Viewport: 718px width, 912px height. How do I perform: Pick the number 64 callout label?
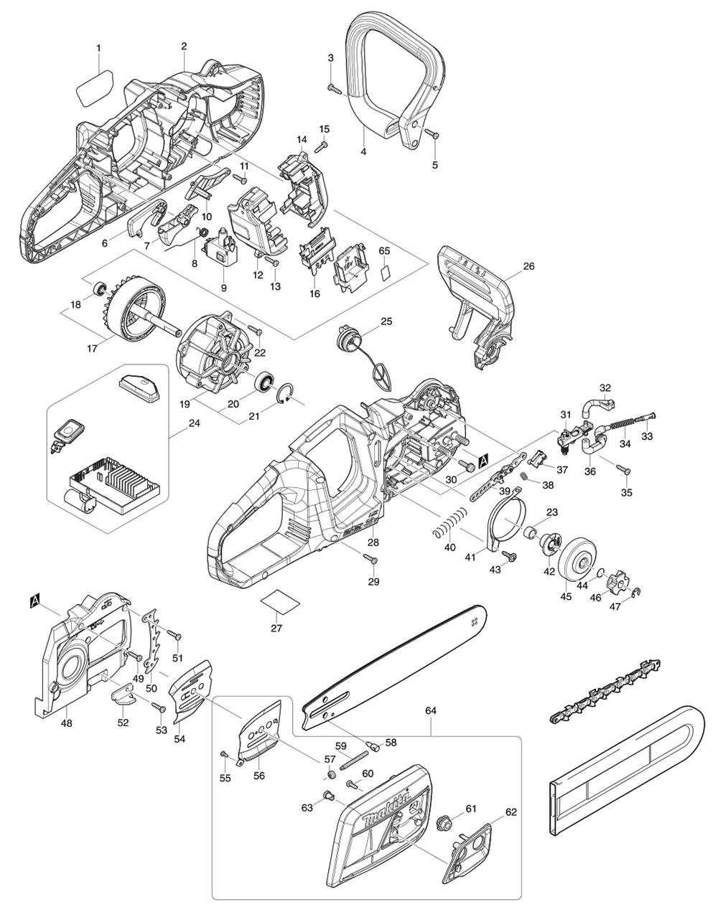tap(431, 710)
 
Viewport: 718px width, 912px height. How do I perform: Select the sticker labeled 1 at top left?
tap(94, 87)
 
